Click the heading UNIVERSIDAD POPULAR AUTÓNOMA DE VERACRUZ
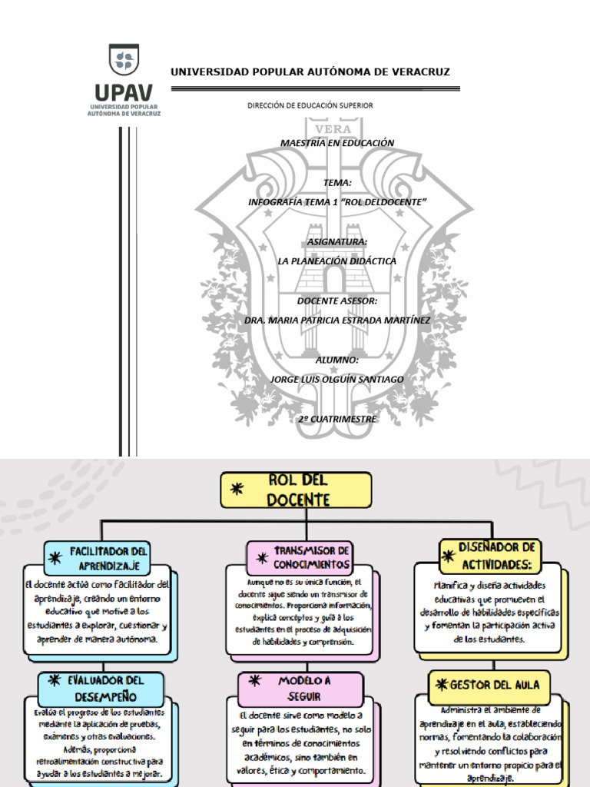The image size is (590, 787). point(310,72)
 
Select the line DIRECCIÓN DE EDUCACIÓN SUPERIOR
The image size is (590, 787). point(310,105)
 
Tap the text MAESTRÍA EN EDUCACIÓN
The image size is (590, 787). point(336,143)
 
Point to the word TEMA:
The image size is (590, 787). point(337,183)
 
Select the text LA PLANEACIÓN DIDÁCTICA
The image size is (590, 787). point(336,261)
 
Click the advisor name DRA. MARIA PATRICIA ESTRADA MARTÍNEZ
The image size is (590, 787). point(336,320)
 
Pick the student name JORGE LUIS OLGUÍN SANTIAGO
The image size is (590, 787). point(336,379)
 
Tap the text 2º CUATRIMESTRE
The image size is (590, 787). point(337,419)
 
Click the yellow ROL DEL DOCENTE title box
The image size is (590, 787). point(297,490)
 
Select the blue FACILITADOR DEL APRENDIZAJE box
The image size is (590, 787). point(98,558)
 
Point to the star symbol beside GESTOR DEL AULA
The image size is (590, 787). point(441,684)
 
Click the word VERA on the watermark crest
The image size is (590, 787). point(333,129)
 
